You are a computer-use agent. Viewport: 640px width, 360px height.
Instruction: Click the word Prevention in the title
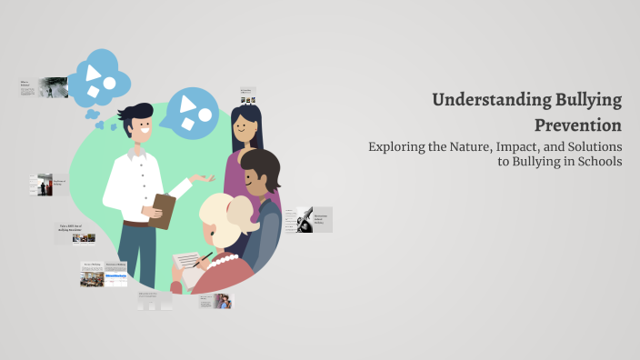[577, 125]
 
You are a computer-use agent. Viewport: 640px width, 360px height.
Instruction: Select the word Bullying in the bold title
[588, 99]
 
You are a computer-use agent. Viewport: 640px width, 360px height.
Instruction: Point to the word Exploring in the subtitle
[396, 146]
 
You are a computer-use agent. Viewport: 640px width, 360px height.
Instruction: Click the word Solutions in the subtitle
[594, 146]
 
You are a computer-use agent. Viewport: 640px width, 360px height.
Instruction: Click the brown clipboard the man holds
[161, 209]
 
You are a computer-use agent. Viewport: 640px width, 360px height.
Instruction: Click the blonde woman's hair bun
[238, 212]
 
